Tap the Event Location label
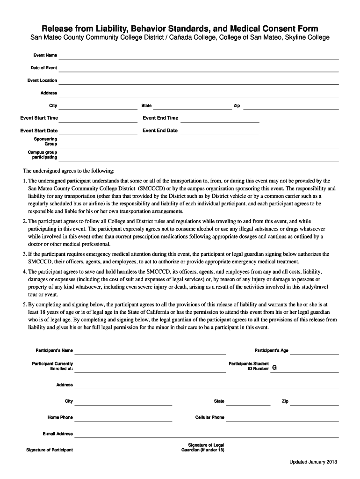(x=42, y=80)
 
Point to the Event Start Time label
(x=39, y=118)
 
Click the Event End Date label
(x=160, y=131)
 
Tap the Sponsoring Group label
(x=45, y=141)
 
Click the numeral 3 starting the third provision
(x=24, y=254)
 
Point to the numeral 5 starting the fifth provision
(x=24, y=304)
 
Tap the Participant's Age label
(x=271, y=350)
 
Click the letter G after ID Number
(x=274, y=368)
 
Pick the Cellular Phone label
(x=209, y=417)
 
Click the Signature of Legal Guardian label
(x=202, y=447)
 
